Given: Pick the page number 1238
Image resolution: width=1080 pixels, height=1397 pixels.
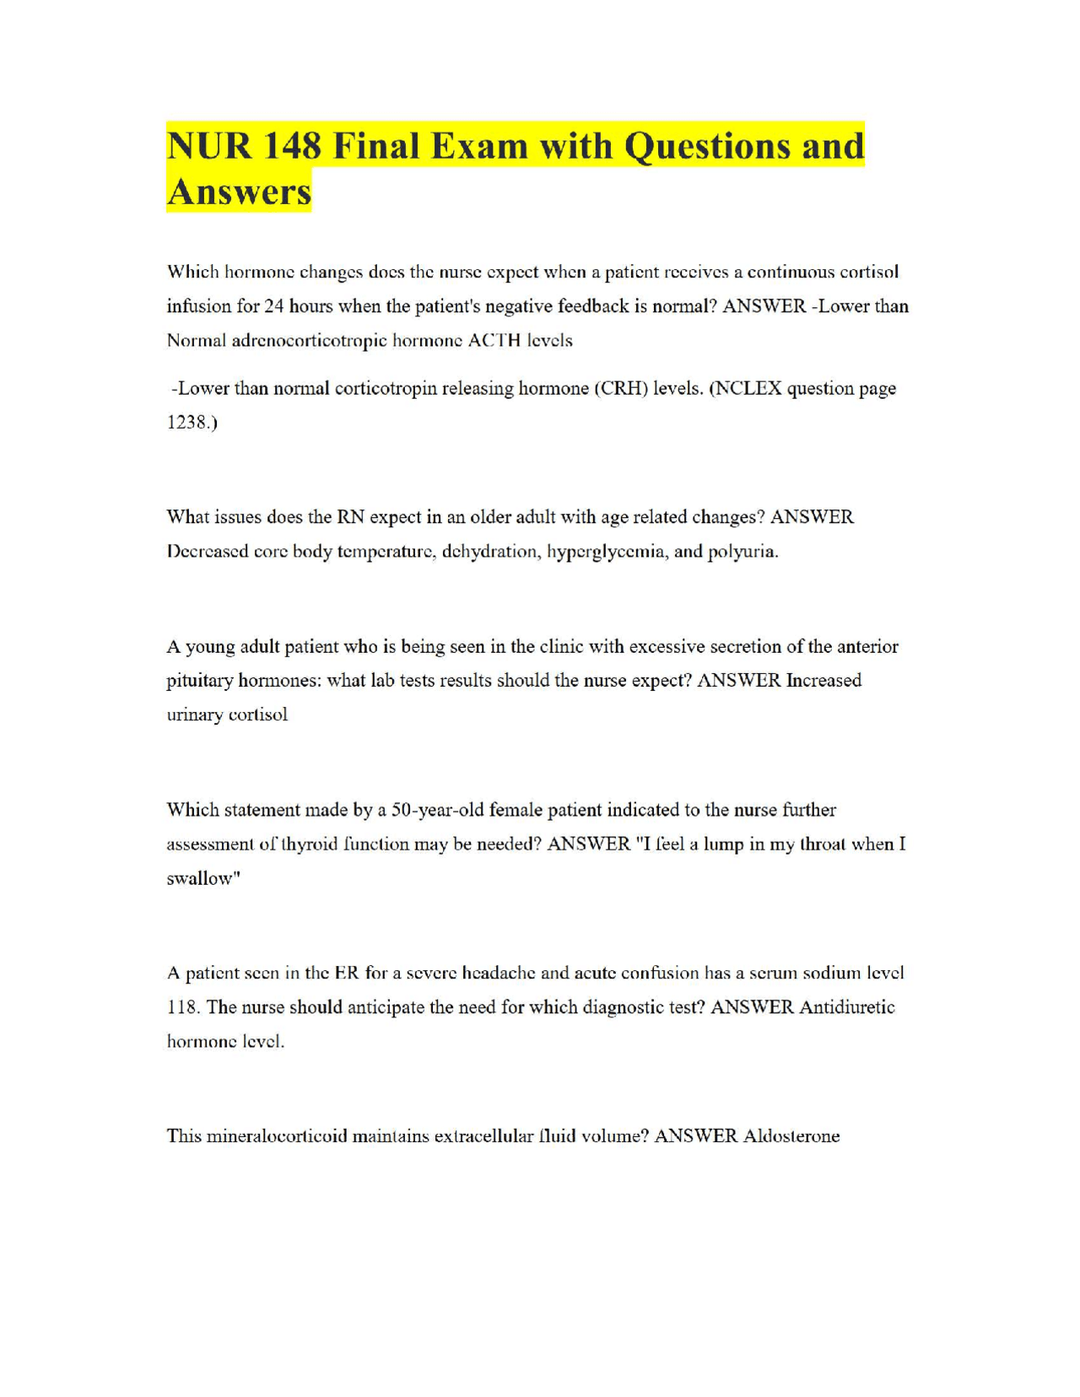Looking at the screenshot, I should pos(190,423).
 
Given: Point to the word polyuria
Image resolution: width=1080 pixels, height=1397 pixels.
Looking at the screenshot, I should pos(742,552).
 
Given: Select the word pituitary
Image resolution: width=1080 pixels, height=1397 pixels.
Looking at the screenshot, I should pos(199,681).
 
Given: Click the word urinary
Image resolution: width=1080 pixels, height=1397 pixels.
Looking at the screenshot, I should pos(193,715).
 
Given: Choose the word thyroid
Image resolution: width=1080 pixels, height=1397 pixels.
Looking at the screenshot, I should pos(332,844).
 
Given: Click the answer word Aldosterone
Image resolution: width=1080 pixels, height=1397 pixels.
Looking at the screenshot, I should pos(791,1136).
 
